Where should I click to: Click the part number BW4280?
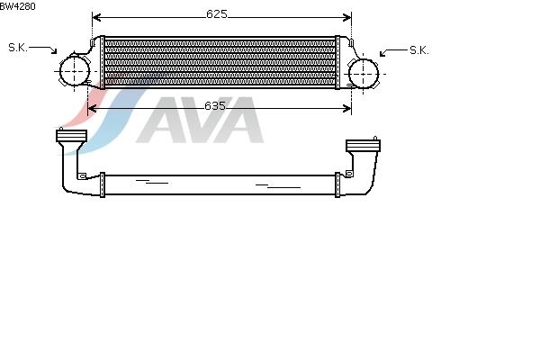coord(18,6)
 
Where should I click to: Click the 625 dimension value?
coord(217,14)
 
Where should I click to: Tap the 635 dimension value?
coord(215,106)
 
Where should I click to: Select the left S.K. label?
coord(18,48)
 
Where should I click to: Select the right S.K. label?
coord(419,50)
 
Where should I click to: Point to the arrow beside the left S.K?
coord(42,49)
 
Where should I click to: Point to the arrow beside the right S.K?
coord(393,52)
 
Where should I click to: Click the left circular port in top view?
coord(75,71)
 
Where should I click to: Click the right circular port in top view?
coord(364,74)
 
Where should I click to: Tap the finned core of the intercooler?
coord(220,62)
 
